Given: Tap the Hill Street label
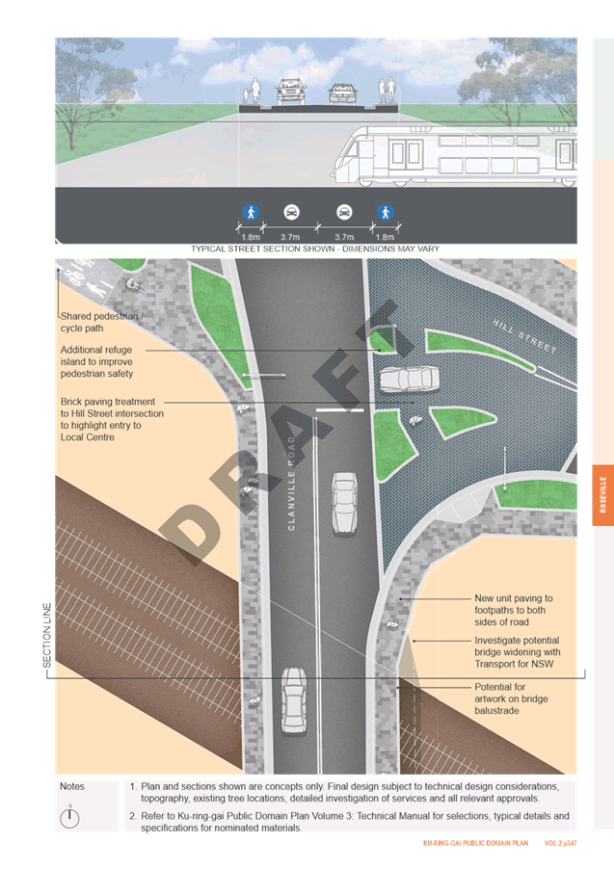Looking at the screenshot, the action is pyautogui.click(x=524, y=336).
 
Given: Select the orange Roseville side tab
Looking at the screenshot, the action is pyautogui.click(x=602, y=495).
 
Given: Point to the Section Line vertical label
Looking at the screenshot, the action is pyautogui.click(x=47, y=635).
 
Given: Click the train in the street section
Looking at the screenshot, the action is pyautogui.click(x=454, y=156).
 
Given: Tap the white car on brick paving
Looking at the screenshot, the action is pyautogui.click(x=410, y=379).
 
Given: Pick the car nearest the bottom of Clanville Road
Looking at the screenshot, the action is pyautogui.click(x=293, y=700).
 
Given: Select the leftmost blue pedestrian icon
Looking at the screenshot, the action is pyautogui.click(x=251, y=212).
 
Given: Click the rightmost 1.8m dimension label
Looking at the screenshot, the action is pyautogui.click(x=385, y=237).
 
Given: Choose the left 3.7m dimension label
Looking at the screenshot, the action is pyautogui.click(x=290, y=237).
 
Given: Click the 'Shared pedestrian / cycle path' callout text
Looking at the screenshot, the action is pyautogui.click(x=101, y=322).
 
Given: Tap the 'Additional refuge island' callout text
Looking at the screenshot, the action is pyautogui.click(x=97, y=361).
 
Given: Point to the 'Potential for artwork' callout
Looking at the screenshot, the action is pyautogui.click(x=511, y=698).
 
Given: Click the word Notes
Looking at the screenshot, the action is pyautogui.click(x=72, y=786).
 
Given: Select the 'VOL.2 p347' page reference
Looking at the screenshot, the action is pyautogui.click(x=560, y=843).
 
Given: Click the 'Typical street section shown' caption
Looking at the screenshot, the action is pyautogui.click(x=315, y=249).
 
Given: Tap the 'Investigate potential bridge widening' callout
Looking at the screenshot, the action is pyautogui.click(x=518, y=651).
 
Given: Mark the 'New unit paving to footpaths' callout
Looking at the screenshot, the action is pyautogui.click(x=514, y=610).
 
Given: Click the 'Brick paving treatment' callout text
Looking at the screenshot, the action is pyautogui.click(x=112, y=419).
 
